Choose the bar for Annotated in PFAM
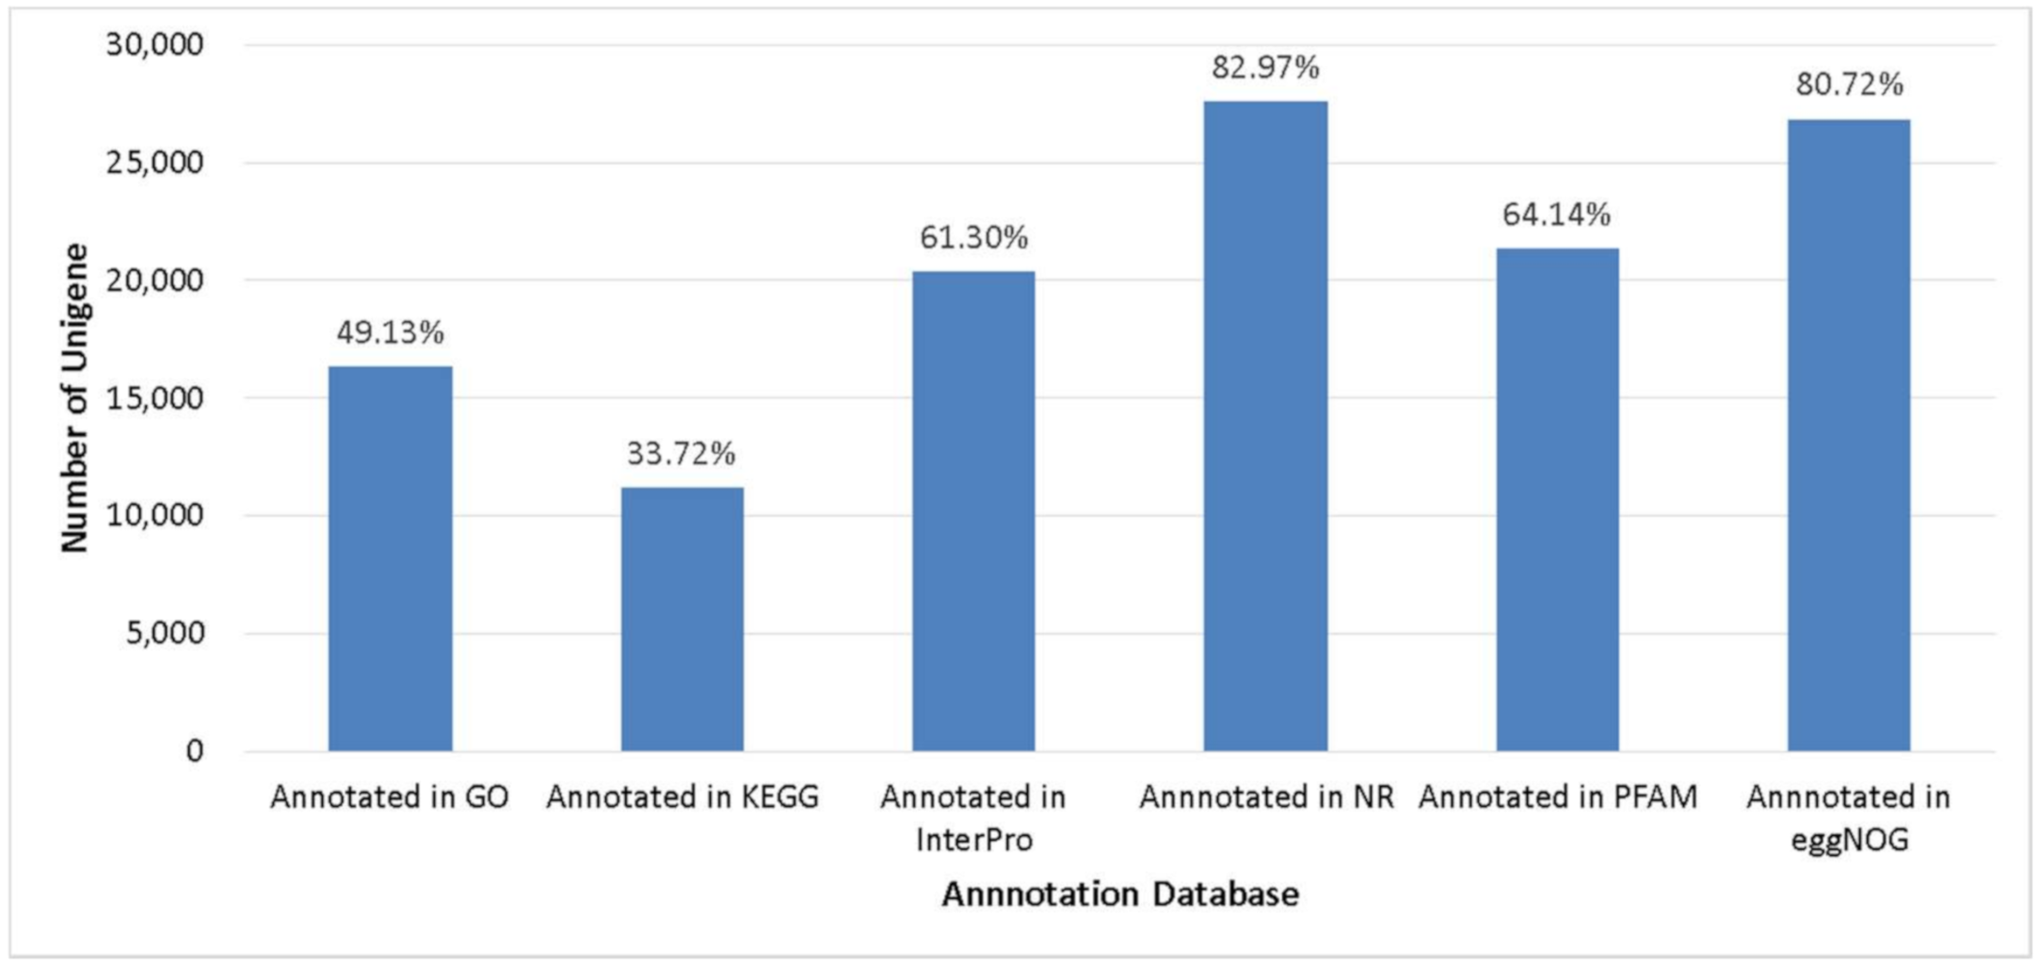coord(1557,499)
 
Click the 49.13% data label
coord(390,332)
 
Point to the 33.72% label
coord(681,454)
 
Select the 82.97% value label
coord(1265,68)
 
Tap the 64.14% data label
coord(1556,215)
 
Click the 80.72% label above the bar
coord(1849,85)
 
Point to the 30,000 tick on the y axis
coord(154,44)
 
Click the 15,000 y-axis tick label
coord(154,398)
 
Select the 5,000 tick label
coord(165,633)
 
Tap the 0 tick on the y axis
coord(194,751)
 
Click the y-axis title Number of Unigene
coord(74,397)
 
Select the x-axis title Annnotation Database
coord(1119,893)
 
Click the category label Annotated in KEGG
coord(682,797)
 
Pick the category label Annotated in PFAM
coord(1557,797)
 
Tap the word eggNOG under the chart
coord(1849,839)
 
